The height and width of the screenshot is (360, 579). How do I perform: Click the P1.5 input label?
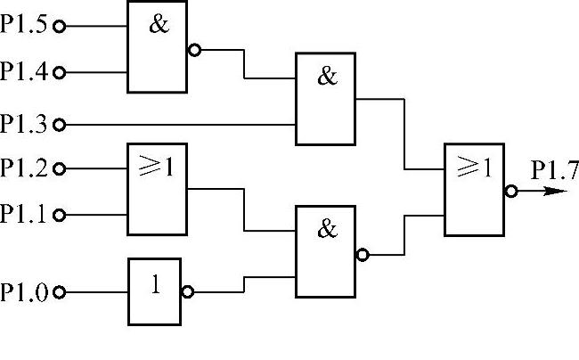click(x=25, y=26)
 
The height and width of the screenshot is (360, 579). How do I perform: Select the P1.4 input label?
click(x=25, y=71)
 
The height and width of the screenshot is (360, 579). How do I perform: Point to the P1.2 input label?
click(x=25, y=167)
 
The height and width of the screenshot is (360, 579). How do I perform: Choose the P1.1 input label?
click(x=25, y=214)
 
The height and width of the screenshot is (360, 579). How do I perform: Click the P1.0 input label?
click(x=25, y=291)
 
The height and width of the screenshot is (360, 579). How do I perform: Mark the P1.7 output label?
click(x=548, y=169)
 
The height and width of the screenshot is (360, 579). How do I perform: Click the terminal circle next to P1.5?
click(x=60, y=27)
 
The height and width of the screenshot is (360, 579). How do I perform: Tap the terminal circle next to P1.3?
click(x=60, y=123)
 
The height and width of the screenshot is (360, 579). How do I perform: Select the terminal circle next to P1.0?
click(x=60, y=291)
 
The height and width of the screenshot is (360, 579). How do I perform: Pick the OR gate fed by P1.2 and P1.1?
click(x=157, y=190)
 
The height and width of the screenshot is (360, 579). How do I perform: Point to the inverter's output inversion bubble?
click(x=186, y=291)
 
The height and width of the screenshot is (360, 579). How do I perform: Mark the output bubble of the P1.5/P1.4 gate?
click(x=193, y=50)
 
